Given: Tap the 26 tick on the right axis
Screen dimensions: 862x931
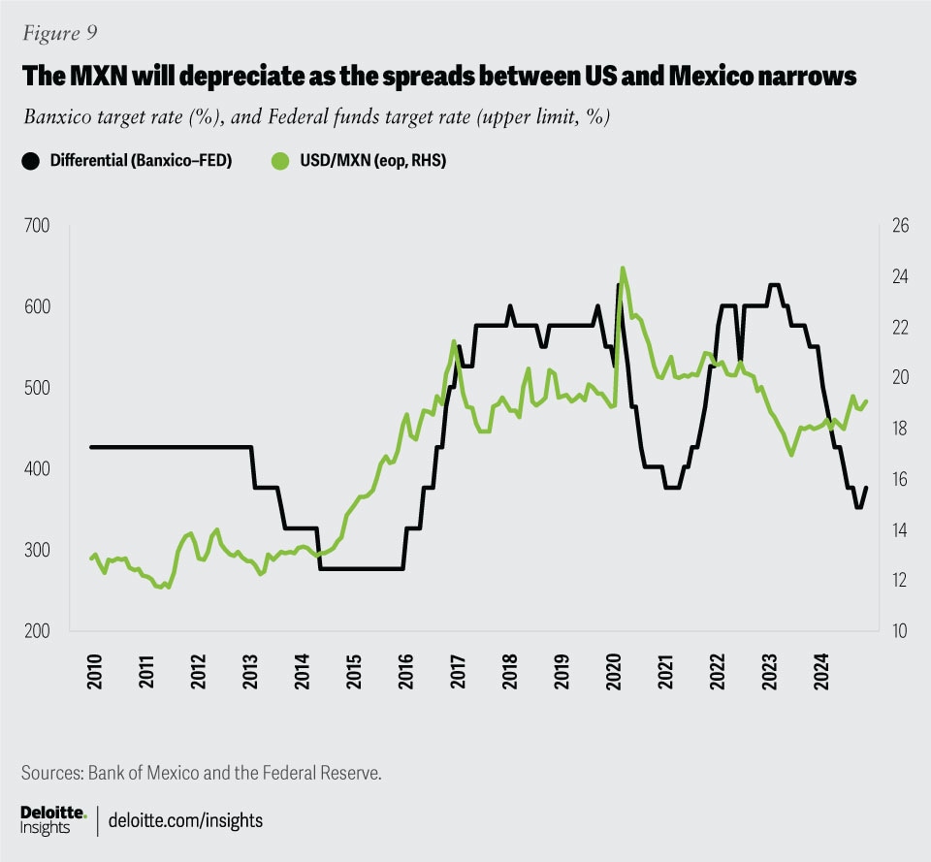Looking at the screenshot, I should pos(900,226).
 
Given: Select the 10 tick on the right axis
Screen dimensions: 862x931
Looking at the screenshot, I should pos(900,631).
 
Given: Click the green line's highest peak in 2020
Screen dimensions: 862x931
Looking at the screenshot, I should pos(622,268).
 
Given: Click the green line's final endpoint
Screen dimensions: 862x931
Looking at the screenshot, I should pos(866,400).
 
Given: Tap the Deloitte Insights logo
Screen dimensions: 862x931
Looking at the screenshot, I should pos(53,818).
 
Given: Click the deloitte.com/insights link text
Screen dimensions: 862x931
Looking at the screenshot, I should pos(186,820).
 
